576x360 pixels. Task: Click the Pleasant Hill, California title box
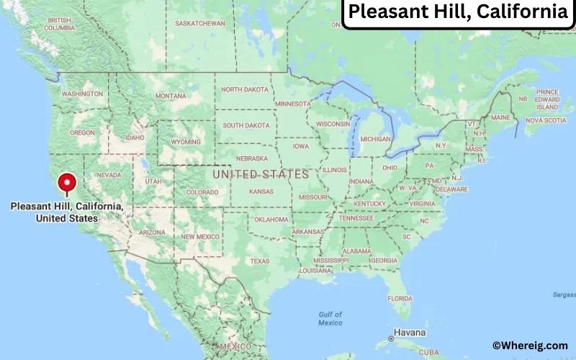(x=458, y=13)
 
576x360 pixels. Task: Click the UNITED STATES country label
(x=261, y=174)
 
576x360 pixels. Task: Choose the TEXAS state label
(x=259, y=261)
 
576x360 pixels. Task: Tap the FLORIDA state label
(x=400, y=298)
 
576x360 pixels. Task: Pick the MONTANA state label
(x=171, y=96)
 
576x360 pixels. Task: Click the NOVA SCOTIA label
(x=545, y=120)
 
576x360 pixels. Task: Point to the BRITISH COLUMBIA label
(x=59, y=24)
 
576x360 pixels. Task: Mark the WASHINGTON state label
(x=82, y=94)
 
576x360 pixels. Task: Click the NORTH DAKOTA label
(x=245, y=89)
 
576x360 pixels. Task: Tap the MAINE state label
(x=500, y=117)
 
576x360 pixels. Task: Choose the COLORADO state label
(x=202, y=192)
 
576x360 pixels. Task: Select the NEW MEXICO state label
(x=200, y=236)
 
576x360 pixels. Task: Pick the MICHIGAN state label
(x=375, y=138)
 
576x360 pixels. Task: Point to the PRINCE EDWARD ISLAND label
(x=547, y=99)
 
